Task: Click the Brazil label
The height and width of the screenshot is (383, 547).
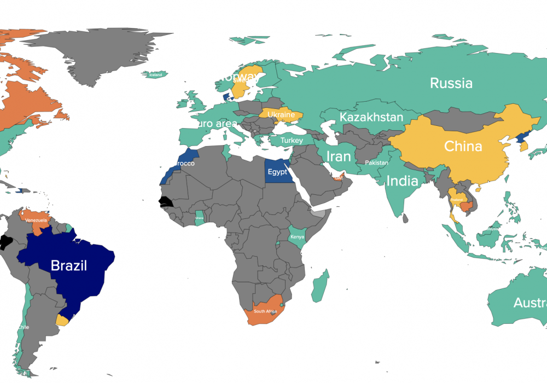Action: tap(69, 266)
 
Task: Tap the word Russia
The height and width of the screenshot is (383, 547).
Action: tap(451, 83)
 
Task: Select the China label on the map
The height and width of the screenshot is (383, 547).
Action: tap(463, 147)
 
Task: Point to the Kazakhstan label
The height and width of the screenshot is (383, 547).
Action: tap(371, 117)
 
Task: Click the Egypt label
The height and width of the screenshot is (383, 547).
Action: tap(277, 172)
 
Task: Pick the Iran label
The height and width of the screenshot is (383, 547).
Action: tap(339, 156)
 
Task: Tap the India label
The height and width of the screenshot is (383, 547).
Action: tap(402, 181)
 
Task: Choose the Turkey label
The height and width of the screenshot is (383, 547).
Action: tap(292, 141)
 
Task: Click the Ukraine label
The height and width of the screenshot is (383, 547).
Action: tap(281, 115)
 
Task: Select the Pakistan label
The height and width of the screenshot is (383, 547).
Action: tap(377, 163)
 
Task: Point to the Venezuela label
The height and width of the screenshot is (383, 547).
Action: tap(36, 220)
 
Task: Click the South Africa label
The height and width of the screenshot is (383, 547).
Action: tap(265, 311)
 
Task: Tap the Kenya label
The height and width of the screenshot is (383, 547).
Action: tap(297, 237)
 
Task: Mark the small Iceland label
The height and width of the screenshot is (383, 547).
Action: tap(155, 75)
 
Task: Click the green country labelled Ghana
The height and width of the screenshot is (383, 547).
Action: tap(201, 218)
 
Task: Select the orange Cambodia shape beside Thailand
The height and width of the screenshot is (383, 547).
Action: tap(467, 206)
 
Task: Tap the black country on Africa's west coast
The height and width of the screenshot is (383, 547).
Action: tap(165, 201)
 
